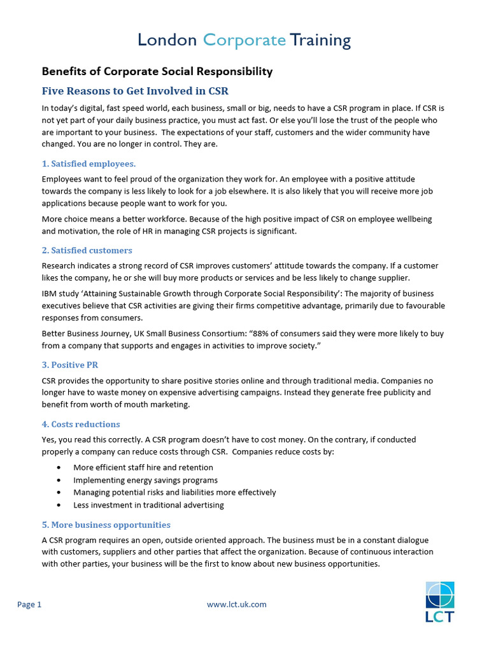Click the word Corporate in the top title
[x=244, y=41]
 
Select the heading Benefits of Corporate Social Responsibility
[x=157, y=71]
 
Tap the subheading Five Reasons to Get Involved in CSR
[x=135, y=90]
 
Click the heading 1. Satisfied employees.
[x=89, y=164]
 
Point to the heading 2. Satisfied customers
[x=87, y=250]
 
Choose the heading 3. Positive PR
[x=70, y=365]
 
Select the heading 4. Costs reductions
[x=81, y=424]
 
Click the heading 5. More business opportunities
[x=106, y=525]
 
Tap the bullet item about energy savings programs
[x=145, y=480]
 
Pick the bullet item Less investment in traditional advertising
[x=148, y=505]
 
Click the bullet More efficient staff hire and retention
[x=143, y=467]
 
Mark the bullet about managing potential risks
[x=174, y=492]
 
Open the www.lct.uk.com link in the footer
[x=237, y=604]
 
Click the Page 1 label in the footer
[x=29, y=604]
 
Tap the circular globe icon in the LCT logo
[x=440, y=595]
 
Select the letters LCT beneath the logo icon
[x=440, y=616]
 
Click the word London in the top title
[x=167, y=41]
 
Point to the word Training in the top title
[x=320, y=41]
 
